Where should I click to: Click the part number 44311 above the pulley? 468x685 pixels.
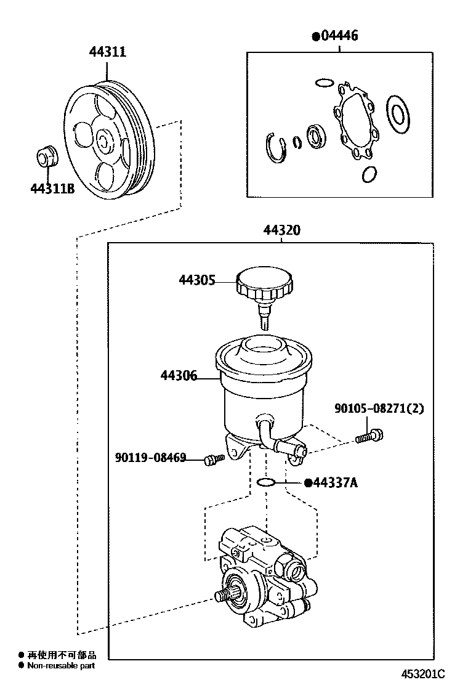108,52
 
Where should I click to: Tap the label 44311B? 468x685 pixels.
52,188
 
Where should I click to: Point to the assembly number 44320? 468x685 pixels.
281,230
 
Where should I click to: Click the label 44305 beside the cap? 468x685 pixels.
197,280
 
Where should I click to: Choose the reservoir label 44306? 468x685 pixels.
179,375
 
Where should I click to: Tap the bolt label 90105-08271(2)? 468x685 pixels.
379,408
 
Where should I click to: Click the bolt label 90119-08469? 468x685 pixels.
151,458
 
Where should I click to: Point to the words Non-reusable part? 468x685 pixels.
61,666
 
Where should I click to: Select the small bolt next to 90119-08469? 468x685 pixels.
214,459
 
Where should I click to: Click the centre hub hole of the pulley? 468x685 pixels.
104,140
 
